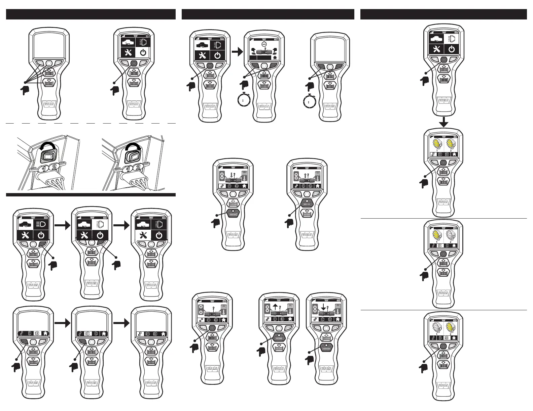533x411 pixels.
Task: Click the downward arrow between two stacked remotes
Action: click(443, 122)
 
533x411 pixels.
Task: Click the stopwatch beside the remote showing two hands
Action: click(243, 100)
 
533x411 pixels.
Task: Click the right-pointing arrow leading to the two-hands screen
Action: click(237, 52)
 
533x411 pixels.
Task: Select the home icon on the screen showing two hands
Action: click(275, 57)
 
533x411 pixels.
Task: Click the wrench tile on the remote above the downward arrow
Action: click(436, 49)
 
